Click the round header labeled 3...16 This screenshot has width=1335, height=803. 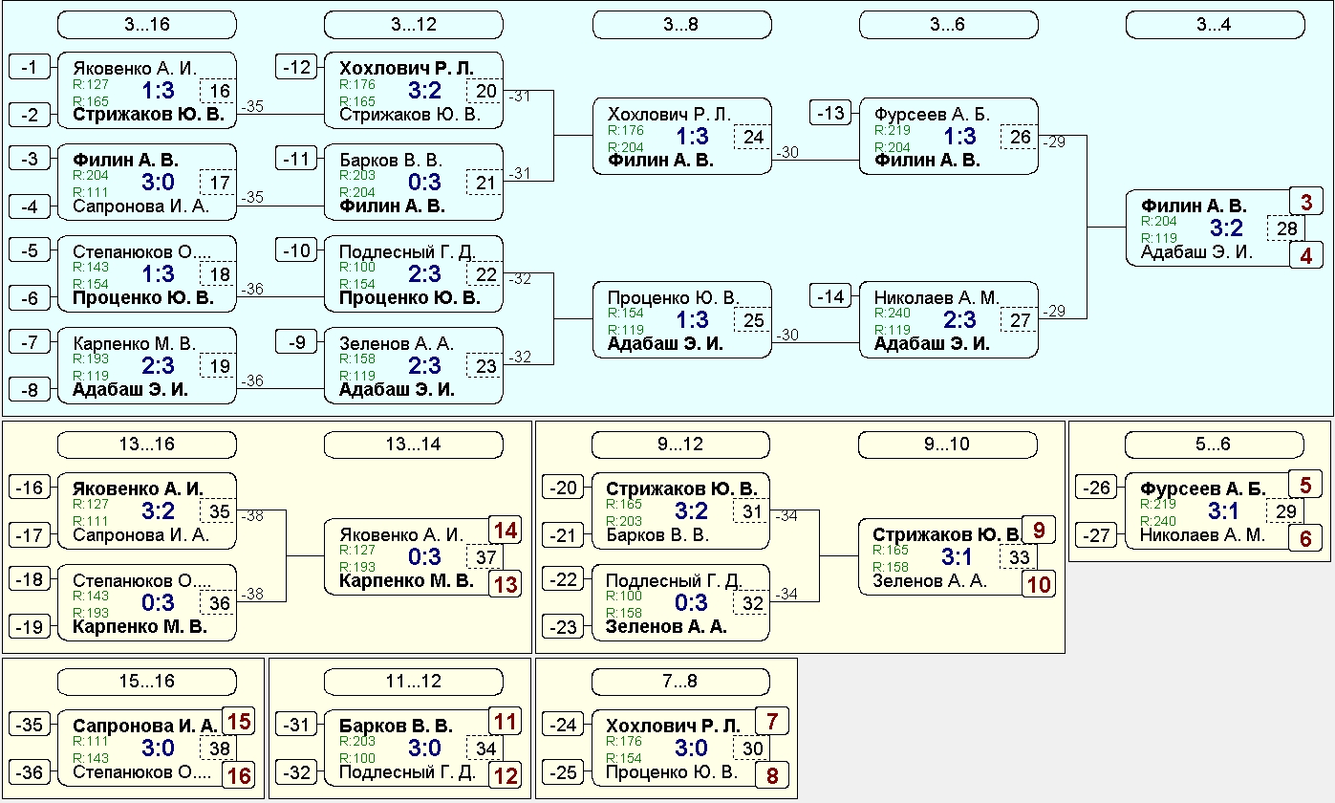pos(146,25)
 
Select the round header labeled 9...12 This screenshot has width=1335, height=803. pos(680,445)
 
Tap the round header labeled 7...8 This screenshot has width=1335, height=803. pos(680,682)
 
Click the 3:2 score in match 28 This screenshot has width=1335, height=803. pos(1226,228)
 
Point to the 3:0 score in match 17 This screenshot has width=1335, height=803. pos(158,182)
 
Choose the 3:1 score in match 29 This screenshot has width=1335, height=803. pos(1223,510)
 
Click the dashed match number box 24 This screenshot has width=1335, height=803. pos(753,137)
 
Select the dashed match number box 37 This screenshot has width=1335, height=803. pos(485,557)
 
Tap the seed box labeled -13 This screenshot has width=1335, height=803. pos(830,113)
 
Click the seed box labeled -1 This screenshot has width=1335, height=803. pos(30,67)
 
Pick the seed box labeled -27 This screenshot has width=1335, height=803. pos(1096,535)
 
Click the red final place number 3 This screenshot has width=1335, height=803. pos(1305,202)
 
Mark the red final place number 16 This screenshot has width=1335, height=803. pos(239,775)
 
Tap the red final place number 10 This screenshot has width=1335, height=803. pos(1039,584)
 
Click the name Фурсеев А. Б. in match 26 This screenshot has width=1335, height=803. pos(932,114)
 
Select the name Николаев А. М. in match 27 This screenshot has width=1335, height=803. pos(937,297)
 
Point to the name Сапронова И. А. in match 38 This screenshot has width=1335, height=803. pos(144,726)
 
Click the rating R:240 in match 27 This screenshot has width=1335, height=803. pos(893,313)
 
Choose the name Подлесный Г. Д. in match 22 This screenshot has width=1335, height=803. pos(407,252)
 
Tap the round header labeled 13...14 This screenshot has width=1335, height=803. pos(414,445)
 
